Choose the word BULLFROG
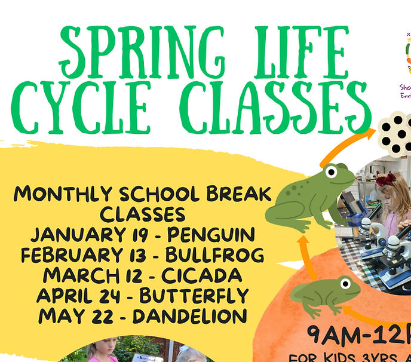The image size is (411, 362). (x=215, y=255)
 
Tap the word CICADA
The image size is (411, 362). (x=206, y=275)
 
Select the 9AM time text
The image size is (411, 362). (x=338, y=333)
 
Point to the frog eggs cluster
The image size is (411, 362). (x=394, y=133)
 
